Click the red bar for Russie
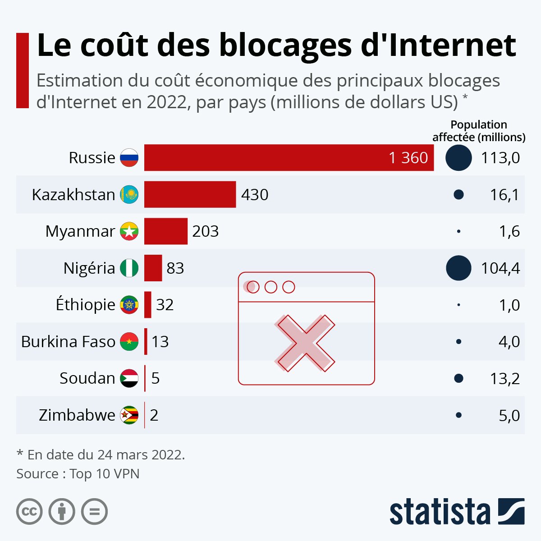click(289, 158)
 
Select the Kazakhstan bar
click(190, 194)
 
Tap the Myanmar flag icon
click(129, 231)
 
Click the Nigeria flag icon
click(129, 268)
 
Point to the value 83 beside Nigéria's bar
click(175, 268)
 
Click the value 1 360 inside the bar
click(408, 158)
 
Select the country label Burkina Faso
click(68, 342)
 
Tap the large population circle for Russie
click(458, 158)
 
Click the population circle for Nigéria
click(458, 268)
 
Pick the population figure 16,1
click(504, 195)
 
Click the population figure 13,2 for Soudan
click(504, 379)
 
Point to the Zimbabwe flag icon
click(129, 415)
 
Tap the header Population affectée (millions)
click(479, 131)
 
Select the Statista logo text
click(440, 512)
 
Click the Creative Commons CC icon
click(29, 512)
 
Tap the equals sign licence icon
click(95, 512)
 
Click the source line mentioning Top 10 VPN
click(78, 474)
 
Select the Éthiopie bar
click(148, 305)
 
